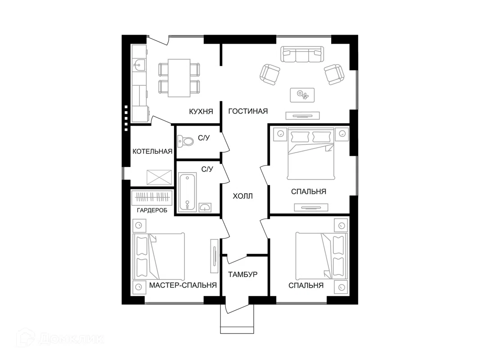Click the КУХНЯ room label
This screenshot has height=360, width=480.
click(x=201, y=112)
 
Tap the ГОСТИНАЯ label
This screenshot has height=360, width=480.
click(x=248, y=111)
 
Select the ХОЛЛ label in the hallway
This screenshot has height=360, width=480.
click(x=243, y=196)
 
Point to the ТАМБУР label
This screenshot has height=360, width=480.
click(x=243, y=274)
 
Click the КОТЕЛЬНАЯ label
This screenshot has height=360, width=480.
click(x=153, y=151)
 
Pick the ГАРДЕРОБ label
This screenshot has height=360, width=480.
click(x=152, y=210)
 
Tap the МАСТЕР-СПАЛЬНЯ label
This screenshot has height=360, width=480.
click(x=183, y=285)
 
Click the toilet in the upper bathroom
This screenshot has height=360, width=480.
click(x=186, y=141)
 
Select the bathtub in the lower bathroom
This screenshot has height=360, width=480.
click(x=187, y=192)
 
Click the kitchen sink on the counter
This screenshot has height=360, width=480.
click(x=139, y=65)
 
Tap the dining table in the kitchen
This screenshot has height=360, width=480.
click(x=179, y=78)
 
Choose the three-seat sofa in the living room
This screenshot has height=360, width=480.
click(x=302, y=54)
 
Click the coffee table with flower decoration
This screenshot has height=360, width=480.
click(x=302, y=95)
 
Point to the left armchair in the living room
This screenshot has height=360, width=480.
click(x=270, y=74)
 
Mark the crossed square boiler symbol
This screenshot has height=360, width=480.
click(x=159, y=177)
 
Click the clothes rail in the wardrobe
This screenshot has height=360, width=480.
click(x=152, y=198)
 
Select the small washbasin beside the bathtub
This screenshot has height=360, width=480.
click(x=205, y=207)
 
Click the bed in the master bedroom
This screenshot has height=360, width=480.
click(x=159, y=256)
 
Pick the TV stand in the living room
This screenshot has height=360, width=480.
click(x=302, y=115)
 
